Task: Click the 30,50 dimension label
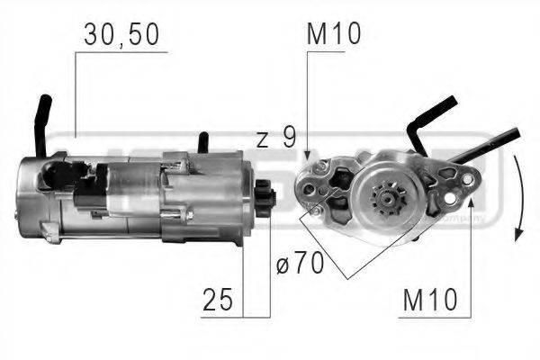pyautogui.click(x=121, y=35)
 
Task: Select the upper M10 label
pyautogui.click(x=333, y=34)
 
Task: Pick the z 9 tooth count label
pyautogui.click(x=275, y=139)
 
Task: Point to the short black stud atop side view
pyautogui.click(x=204, y=142)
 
